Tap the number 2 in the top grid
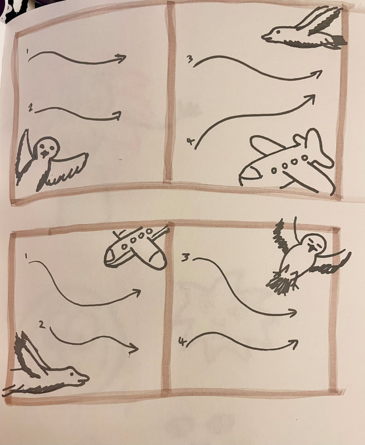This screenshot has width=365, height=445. pyautogui.click(x=31, y=107)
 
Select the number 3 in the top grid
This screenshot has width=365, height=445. pyautogui.click(x=190, y=60)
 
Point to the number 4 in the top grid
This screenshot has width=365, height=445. pyautogui.click(x=190, y=141)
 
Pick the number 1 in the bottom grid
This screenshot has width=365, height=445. pyautogui.click(x=26, y=256)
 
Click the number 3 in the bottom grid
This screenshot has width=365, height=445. pyautogui.click(x=186, y=257)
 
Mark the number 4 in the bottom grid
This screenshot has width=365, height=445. pyautogui.click(x=181, y=342)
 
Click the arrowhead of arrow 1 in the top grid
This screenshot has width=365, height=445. pyautogui.click(x=121, y=58)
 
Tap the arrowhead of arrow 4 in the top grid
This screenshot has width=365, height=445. pyautogui.click(x=310, y=100)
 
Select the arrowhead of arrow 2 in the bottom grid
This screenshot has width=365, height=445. pyautogui.click(x=134, y=348)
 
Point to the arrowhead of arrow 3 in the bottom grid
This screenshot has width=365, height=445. pyautogui.click(x=293, y=313)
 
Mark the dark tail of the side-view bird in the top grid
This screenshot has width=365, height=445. pyautogui.click(x=339, y=41)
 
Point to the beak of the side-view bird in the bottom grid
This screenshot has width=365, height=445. pyautogui.click(x=84, y=379)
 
